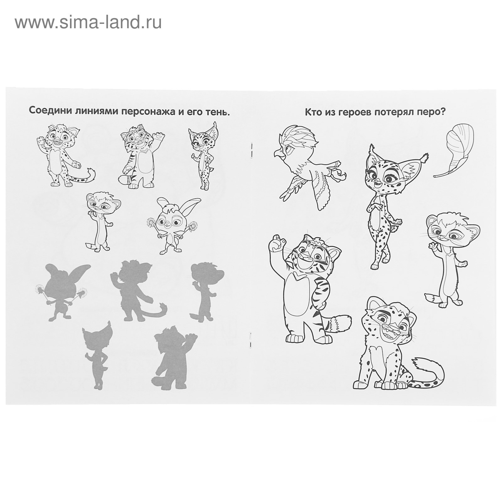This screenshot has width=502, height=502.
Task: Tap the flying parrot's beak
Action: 277,153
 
